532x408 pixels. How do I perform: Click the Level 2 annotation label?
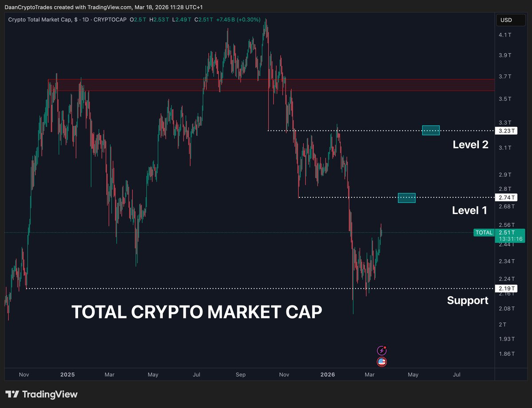coord(470,145)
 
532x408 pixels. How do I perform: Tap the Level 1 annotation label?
coord(469,210)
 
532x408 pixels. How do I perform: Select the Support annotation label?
coord(468,301)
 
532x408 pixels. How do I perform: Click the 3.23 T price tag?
coord(506,131)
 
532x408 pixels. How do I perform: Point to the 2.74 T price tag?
coord(506,197)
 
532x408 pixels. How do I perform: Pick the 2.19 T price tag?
coord(506,288)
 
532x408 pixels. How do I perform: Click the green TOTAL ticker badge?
coord(483,232)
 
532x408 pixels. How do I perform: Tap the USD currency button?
coord(506,20)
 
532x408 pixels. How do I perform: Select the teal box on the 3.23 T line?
coord(431,130)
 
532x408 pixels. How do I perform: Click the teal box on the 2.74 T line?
coord(407,198)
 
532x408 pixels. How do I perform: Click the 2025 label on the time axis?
coord(67,375)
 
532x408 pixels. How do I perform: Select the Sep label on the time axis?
coord(240,375)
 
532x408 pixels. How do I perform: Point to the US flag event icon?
coord(381,362)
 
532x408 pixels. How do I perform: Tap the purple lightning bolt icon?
coord(381,351)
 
